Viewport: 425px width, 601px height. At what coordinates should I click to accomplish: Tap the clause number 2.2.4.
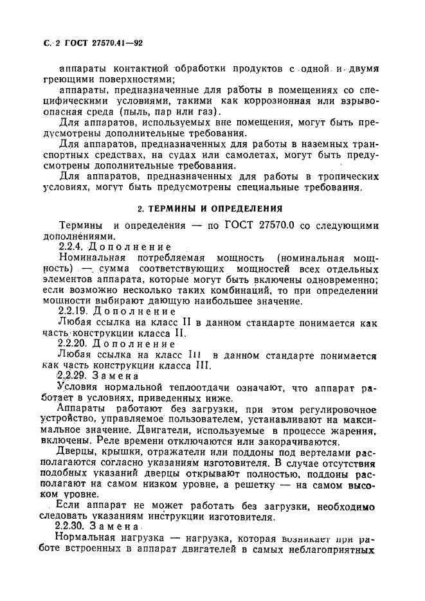coord(71,246)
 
